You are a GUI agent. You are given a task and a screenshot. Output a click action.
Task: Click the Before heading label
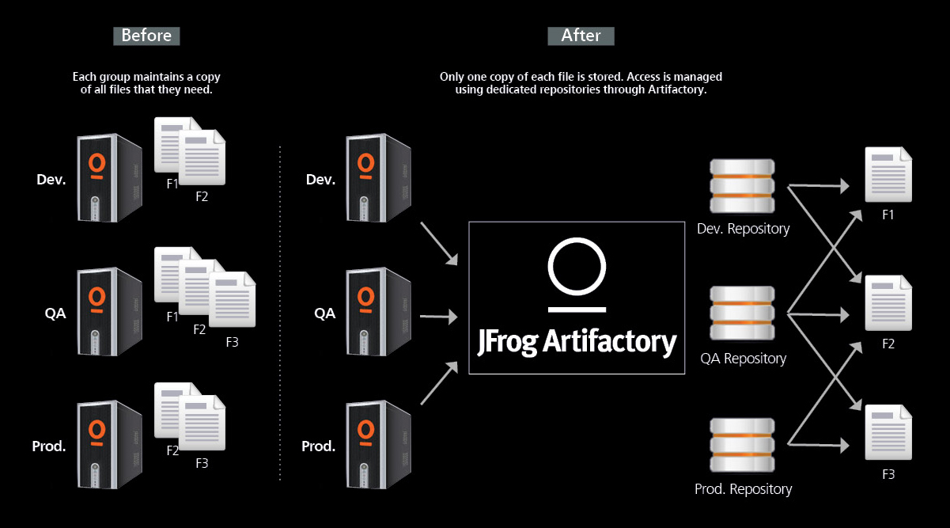coord(146,36)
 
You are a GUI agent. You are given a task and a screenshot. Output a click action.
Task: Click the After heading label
coord(581,36)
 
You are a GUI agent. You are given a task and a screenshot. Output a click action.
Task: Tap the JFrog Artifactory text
coord(577,341)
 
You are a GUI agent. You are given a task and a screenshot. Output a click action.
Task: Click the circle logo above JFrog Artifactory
coord(577,265)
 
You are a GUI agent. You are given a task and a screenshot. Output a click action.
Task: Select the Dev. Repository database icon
coord(741,186)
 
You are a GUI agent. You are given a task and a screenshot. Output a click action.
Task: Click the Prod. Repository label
coord(743,489)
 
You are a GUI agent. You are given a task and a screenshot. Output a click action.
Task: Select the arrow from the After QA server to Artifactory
coord(438,317)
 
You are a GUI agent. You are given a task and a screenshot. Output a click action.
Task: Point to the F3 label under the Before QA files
coord(232,343)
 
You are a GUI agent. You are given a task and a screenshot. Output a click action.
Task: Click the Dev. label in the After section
coord(320,180)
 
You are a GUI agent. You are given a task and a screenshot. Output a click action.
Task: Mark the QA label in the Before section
coord(55,313)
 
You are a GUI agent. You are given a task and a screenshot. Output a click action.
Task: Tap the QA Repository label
coord(743,359)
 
